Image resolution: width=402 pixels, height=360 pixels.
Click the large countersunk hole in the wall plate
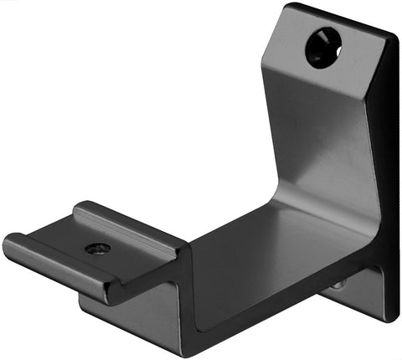click(x=323, y=47)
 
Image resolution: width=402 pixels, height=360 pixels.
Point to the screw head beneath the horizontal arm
click(x=337, y=285)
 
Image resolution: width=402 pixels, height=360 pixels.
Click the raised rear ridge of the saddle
click(x=126, y=223)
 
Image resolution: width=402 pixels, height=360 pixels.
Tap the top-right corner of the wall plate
click(x=394, y=35)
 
